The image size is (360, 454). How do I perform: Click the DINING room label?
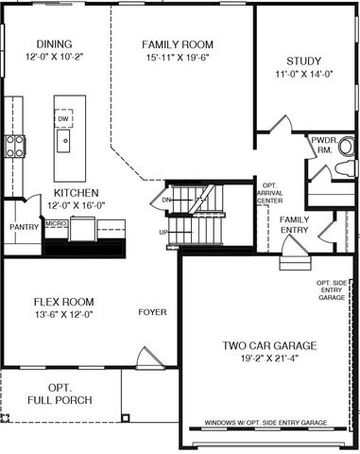coord(54,44)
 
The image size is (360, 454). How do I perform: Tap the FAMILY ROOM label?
coord(178,44)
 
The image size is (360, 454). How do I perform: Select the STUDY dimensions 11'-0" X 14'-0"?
coord(304,74)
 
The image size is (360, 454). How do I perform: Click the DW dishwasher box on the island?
coord(63,118)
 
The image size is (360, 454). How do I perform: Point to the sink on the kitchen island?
coord(63,141)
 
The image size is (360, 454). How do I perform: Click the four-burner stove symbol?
coord(15,146)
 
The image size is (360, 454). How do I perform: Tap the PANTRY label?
coord(24,227)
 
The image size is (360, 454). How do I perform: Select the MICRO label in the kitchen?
coord(57,223)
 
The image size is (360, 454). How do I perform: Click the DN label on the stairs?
coord(166,200)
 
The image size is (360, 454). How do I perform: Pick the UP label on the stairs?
coord(163,233)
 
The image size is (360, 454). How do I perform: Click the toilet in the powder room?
coord(344,169)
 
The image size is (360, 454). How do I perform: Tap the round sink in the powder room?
coord(346,146)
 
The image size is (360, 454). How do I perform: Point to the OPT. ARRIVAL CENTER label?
coord(270,193)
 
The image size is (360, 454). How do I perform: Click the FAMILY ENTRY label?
coord(295,225)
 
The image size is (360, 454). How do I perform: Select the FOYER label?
coord(152,312)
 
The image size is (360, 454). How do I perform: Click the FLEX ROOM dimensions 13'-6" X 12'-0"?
coord(64,314)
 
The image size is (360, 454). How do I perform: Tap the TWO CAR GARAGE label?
coord(269,345)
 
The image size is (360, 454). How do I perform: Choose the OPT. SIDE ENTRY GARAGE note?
coord(332,290)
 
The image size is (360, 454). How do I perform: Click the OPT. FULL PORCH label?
coord(60,393)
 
